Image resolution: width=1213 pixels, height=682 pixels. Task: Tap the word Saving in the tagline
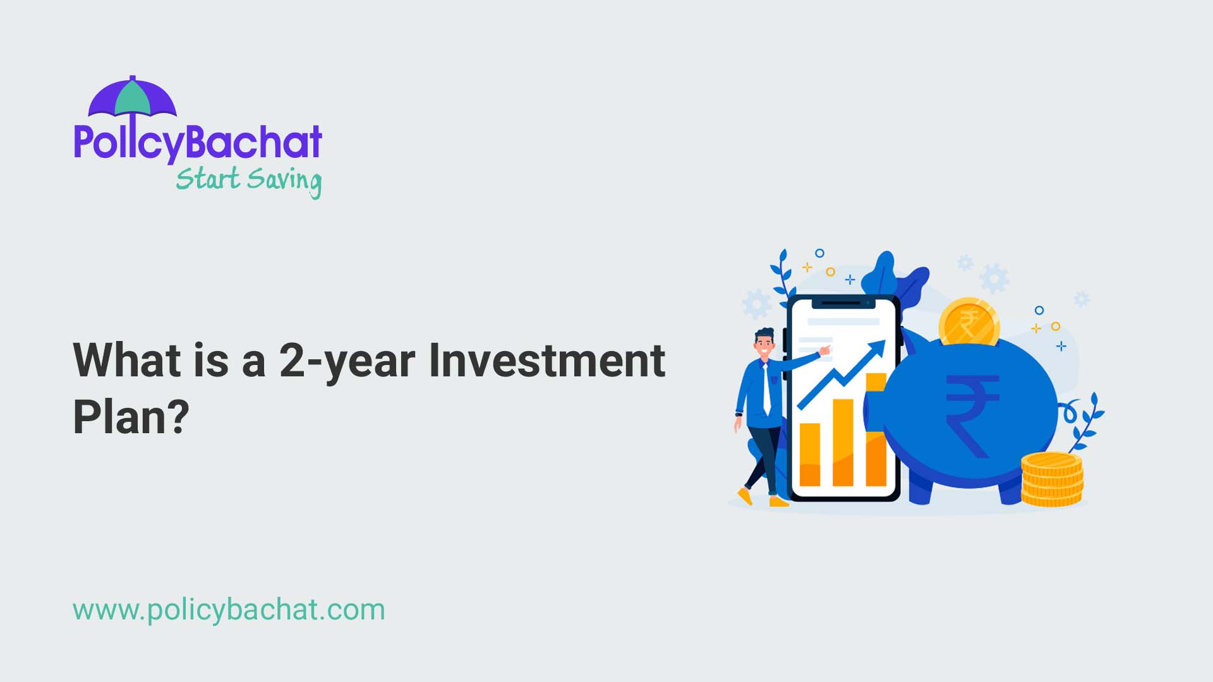284,181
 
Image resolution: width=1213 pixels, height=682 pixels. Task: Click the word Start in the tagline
207,178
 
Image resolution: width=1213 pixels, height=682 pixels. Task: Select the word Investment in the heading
546,361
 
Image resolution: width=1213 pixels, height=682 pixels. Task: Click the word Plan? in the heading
131,417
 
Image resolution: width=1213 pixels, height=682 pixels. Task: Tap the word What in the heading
128,361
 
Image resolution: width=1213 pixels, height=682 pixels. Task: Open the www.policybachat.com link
229,610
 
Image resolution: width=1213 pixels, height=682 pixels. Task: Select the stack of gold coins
1052,480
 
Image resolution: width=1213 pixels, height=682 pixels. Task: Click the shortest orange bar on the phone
809,454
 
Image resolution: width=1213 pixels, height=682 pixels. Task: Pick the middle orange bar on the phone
843,442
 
